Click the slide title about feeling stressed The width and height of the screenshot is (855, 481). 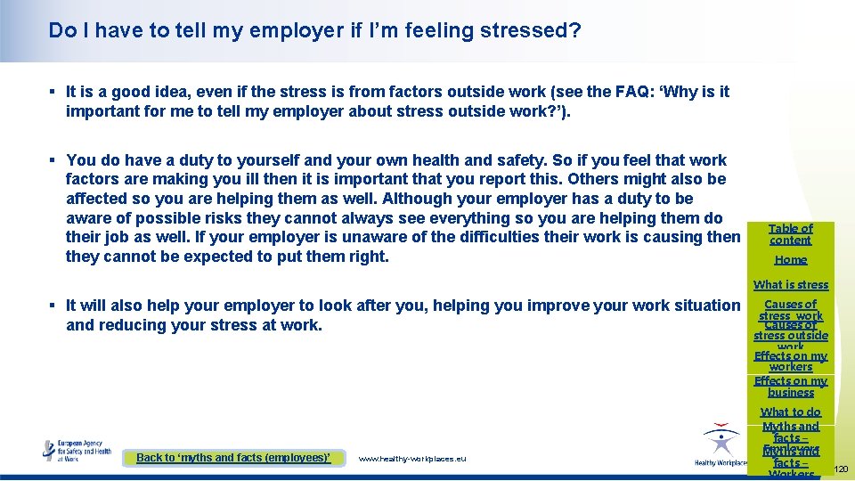315,30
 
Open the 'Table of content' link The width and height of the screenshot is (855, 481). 791,234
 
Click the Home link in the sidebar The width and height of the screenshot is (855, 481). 791,260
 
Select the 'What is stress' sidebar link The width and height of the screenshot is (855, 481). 791,285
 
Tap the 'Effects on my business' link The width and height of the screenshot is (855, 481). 791,387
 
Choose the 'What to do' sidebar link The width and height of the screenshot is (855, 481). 791,412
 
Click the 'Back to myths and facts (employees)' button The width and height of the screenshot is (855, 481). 233,458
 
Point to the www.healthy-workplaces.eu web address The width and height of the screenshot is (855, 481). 411,459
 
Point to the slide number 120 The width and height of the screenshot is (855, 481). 841,469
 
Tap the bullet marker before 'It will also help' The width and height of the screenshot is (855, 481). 54,305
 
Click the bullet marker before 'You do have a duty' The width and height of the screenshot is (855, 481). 54,160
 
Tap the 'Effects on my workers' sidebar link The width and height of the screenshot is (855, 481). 791,361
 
